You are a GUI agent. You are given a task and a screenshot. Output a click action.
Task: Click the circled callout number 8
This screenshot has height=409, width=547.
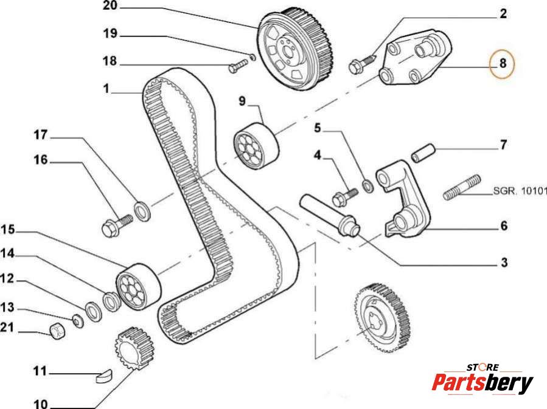point(503,63)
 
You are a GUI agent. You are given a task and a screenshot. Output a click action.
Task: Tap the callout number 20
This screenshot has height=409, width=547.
point(111,6)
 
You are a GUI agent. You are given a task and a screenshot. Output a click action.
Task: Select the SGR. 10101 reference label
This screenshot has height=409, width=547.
point(520,191)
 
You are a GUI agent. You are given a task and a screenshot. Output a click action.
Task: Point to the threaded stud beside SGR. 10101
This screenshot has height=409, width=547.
point(462,187)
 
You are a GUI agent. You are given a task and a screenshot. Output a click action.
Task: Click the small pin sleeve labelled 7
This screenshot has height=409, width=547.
point(423,153)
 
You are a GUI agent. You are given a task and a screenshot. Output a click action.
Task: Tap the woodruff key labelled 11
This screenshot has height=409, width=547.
point(103,376)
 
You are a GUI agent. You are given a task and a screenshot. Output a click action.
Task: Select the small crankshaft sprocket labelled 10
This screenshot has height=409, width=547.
point(134,348)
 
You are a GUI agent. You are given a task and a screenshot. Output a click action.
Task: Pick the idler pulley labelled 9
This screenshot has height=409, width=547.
point(256,146)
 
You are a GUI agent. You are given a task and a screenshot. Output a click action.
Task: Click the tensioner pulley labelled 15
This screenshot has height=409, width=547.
point(138,286)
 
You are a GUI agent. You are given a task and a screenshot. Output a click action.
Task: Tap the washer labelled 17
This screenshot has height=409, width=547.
point(142,211)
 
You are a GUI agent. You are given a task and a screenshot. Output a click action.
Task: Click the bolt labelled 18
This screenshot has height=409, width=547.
point(239,66)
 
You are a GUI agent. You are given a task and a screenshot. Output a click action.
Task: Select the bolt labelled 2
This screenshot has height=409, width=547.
point(361,63)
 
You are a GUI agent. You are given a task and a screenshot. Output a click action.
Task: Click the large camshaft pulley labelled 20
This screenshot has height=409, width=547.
point(296,48)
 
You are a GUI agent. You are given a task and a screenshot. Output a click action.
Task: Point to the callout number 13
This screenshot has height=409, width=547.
point(7,307)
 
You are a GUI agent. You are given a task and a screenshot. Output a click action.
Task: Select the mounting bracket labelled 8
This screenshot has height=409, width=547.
point(415,57)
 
